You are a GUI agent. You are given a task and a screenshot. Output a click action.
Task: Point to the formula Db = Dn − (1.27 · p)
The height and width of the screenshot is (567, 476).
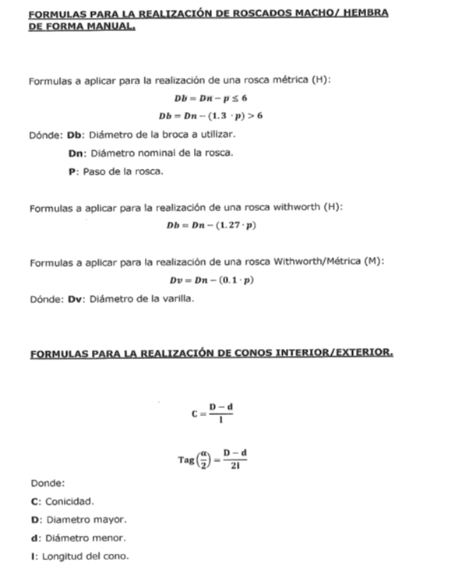(211, 225)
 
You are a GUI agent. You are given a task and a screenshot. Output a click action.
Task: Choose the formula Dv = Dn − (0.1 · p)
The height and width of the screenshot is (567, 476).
(211, 280)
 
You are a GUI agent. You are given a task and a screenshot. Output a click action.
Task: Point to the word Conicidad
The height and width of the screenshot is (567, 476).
(71, 501)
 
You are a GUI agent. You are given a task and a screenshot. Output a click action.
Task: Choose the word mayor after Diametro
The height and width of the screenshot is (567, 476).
(109, 519)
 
